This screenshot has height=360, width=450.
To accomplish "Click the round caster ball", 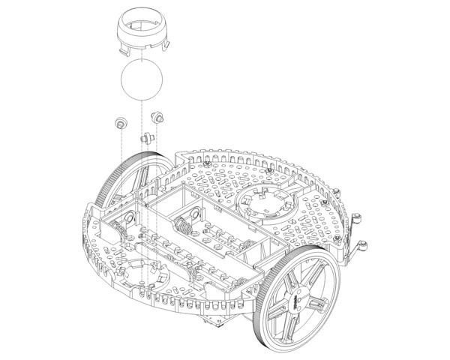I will pos(142,80).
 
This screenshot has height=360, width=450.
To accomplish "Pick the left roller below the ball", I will pos(119,122).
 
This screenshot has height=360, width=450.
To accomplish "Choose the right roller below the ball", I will pos(157,117).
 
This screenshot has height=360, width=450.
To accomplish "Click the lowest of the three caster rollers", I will pos(145,138).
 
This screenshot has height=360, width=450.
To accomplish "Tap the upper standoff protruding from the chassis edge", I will pos(358,220).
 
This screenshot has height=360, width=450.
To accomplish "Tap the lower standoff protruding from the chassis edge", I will pos(363,247).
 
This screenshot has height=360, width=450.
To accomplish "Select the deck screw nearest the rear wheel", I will pos(206,163).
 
